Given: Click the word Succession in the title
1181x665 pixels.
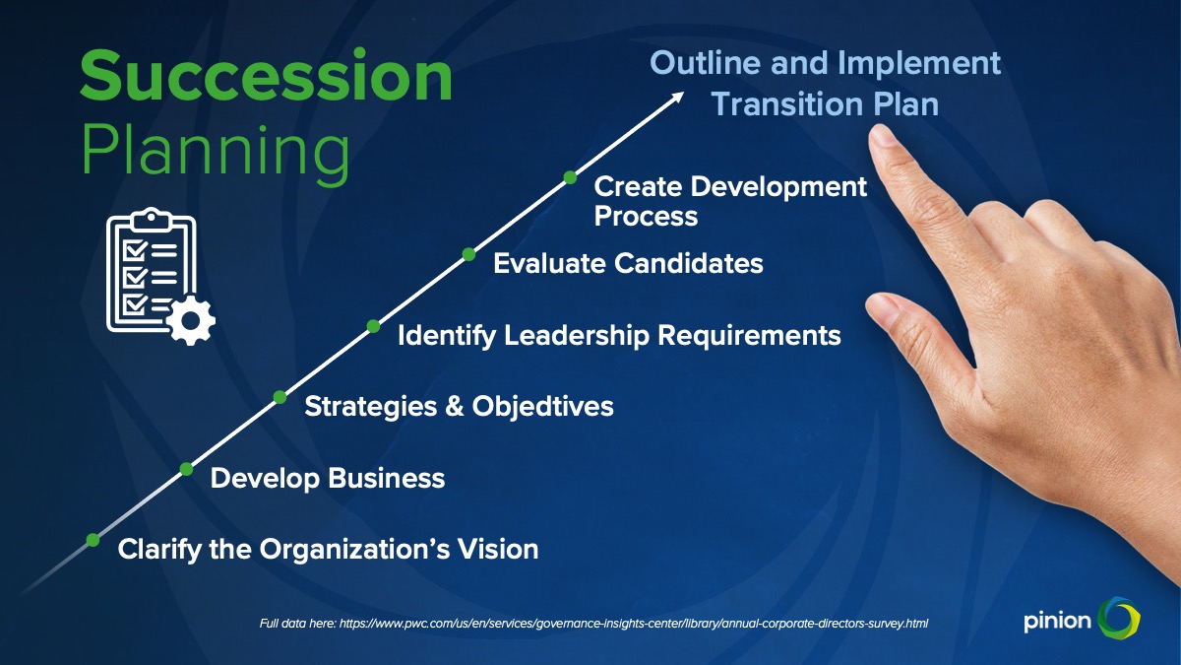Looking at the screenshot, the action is tap(267, 76).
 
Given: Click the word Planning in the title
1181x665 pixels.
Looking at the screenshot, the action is tap(217, 152).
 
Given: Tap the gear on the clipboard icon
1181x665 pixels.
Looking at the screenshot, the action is tap(191, 320).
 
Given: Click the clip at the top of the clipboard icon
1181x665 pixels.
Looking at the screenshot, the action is tap(152, 218).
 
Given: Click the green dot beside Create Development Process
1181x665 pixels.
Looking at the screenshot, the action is tap(570, 177).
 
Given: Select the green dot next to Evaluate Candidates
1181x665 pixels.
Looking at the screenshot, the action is tap(468, 254).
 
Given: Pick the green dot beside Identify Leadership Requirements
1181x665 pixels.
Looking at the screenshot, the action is tap(373, 326).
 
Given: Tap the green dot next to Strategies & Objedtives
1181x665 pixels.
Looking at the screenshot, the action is tap(280, 397).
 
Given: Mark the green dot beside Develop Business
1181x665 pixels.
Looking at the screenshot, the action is tap(186, 469).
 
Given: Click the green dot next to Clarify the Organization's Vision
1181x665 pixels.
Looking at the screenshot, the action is tap(93, 540).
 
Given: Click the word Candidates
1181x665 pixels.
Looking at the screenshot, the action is tap(689, 263).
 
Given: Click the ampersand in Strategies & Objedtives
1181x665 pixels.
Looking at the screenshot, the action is tap(455, 406).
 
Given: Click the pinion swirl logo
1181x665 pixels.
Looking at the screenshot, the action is tap(1118, 618).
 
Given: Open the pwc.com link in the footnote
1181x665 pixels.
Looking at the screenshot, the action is tap(634, 624).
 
